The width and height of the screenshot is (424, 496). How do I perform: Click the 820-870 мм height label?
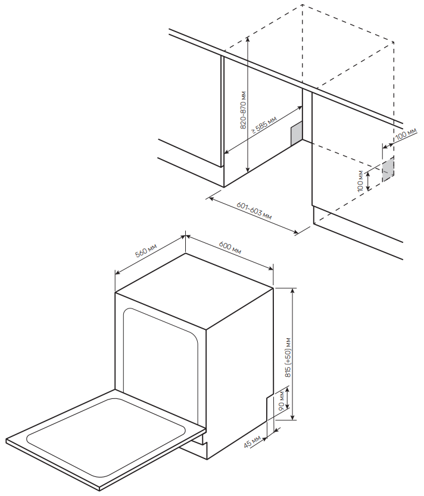click(243, 110)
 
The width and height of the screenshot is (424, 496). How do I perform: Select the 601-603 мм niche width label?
click(254, 210)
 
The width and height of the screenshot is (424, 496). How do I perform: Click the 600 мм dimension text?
click(230, 247)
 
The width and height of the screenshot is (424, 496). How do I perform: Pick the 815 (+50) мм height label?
click(288, 357)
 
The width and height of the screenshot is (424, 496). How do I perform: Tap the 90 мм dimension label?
click(281, 401)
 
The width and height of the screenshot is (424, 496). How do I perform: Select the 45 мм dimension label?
click(252, 441)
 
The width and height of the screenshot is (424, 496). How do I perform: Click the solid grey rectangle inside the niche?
click(297, 134)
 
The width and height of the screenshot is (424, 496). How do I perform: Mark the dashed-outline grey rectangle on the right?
click(388, 169)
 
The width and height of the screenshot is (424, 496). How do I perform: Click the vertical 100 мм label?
click(360, 181)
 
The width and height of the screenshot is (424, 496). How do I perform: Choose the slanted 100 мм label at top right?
click(406, 134)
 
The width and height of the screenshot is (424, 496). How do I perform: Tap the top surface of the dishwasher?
click(194, 291)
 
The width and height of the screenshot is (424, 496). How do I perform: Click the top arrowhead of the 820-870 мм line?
click(248, 39)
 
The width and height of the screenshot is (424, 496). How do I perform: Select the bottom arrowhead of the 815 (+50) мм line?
click(292, 417)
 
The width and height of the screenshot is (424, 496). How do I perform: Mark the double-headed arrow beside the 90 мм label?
click(287, 398)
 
